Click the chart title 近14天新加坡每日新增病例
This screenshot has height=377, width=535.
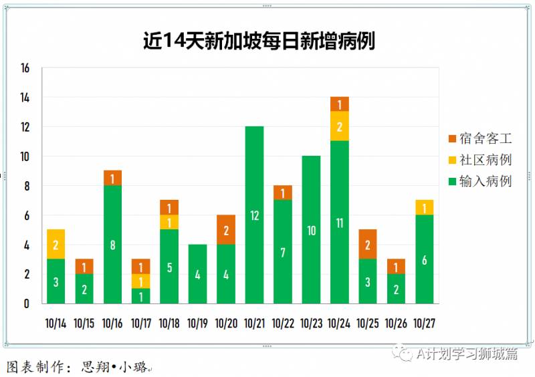259,41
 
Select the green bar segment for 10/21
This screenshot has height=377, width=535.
254,215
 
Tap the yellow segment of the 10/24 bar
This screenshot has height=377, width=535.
340,126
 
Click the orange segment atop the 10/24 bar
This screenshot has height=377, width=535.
340,104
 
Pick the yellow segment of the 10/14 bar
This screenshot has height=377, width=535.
56,244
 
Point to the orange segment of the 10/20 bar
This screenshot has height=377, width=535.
226,230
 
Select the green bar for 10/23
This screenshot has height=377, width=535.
311,229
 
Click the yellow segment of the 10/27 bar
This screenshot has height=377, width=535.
425,208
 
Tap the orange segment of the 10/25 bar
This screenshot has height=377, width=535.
368,244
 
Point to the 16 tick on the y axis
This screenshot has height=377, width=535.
25,68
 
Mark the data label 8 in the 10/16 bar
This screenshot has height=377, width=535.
112,245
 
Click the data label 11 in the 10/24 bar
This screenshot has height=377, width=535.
340,223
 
